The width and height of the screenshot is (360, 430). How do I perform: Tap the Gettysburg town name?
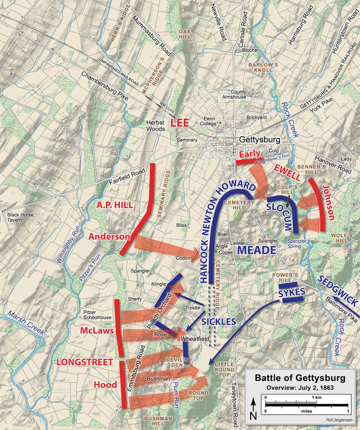pyautogui.click(x=260, y=139)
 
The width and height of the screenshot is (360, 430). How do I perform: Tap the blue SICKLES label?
pyautogui.click(x=219, y=322)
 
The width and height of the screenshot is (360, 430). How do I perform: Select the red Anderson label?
pyautogui.click(x=109, y=237)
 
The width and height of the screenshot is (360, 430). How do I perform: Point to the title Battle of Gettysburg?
pyautogui.click(x=300, y=378)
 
